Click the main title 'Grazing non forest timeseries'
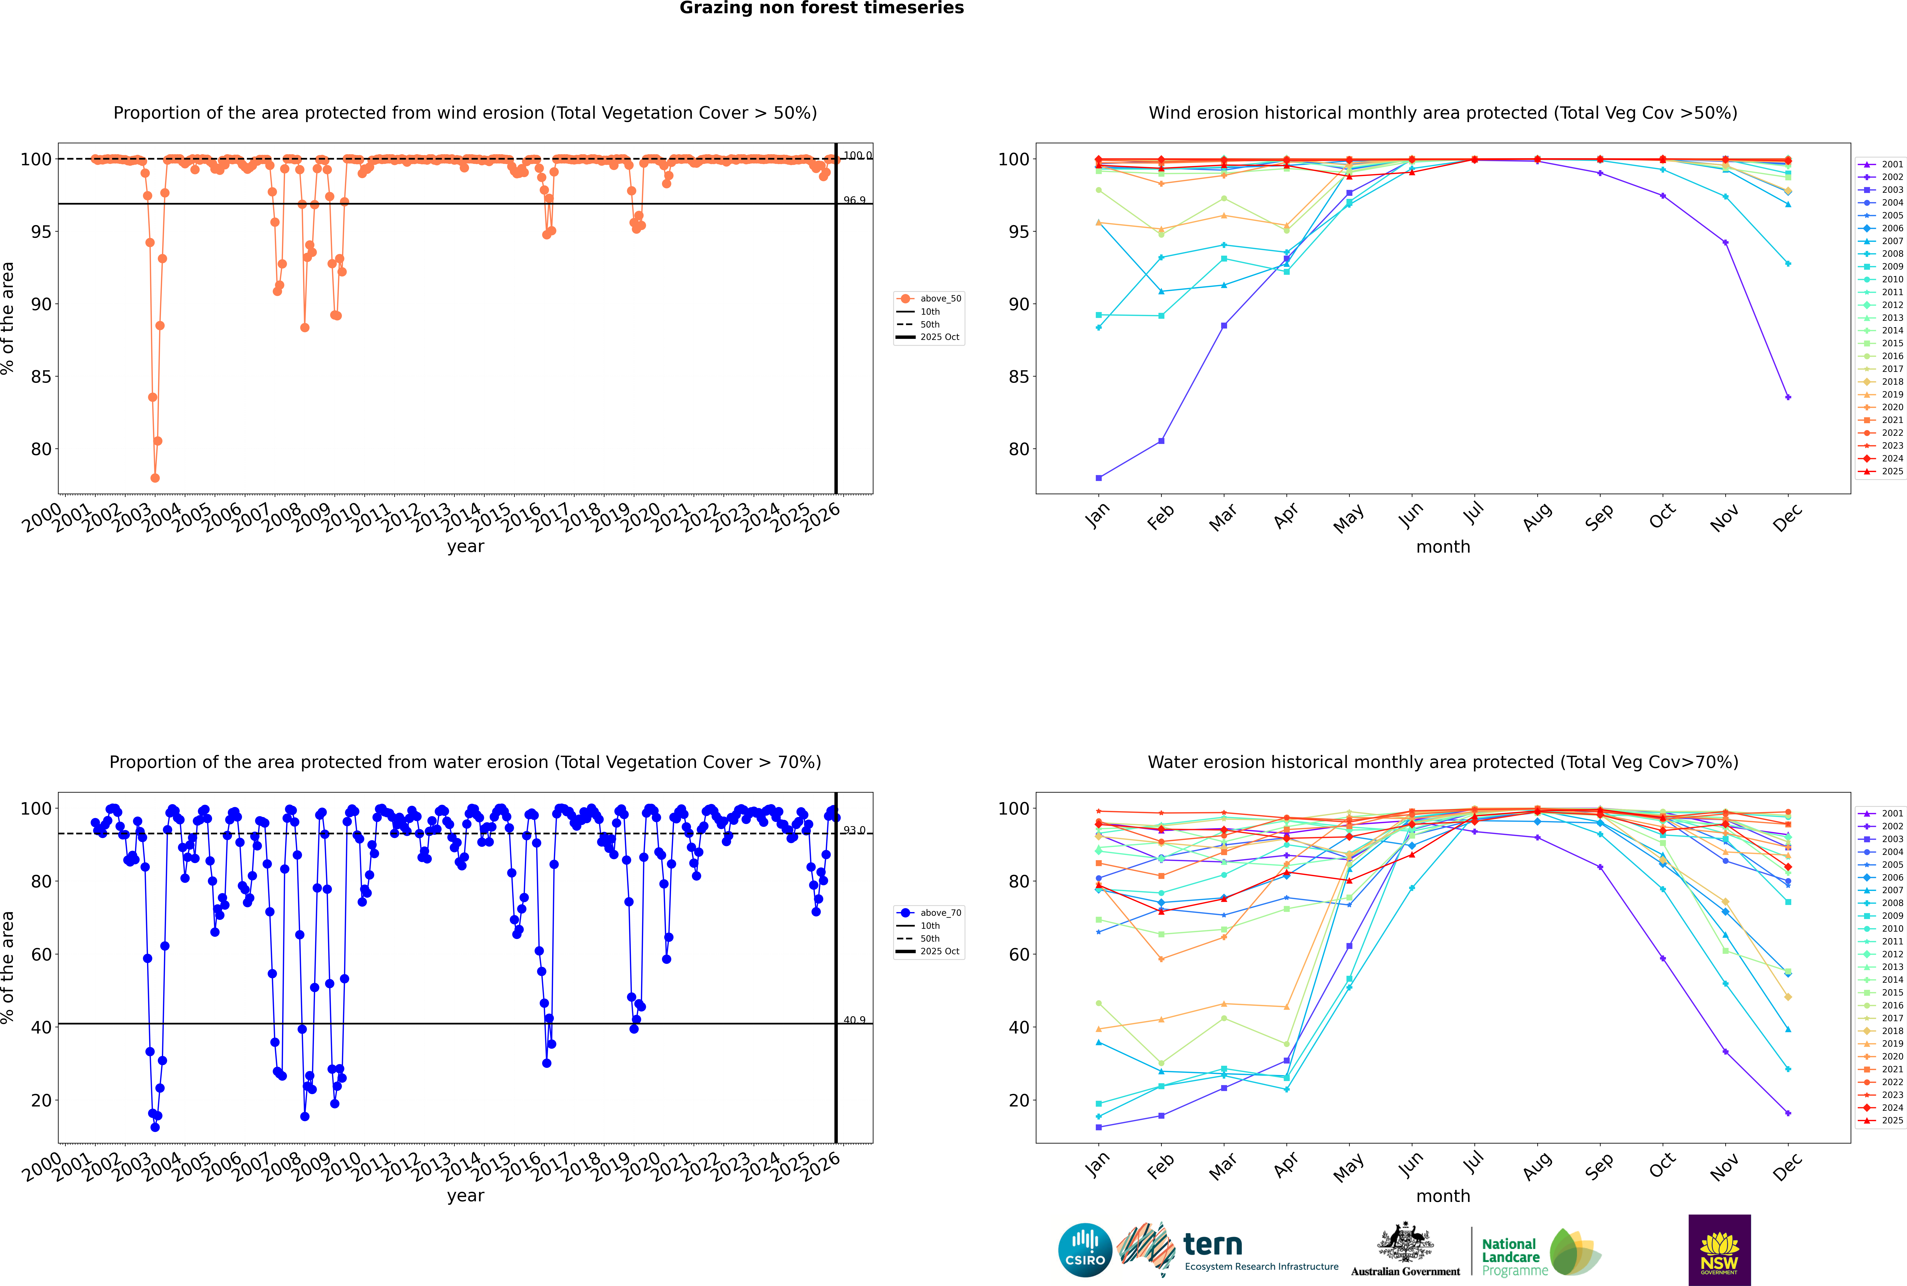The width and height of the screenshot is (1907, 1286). tap(822, 8)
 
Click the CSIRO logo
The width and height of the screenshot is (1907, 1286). tap(1085, 1250)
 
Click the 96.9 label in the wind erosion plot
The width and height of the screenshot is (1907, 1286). tap(854, 200)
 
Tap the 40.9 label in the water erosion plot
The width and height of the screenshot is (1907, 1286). tap(854, 1020)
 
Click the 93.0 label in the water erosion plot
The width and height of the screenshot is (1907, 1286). tap(854, 830)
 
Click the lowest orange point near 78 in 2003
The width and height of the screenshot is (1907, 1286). tap(155, 478)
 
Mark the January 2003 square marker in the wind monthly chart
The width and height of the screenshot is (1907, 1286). tap(1099, 478)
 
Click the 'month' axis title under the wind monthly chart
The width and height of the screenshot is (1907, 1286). tap(1443, 547)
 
